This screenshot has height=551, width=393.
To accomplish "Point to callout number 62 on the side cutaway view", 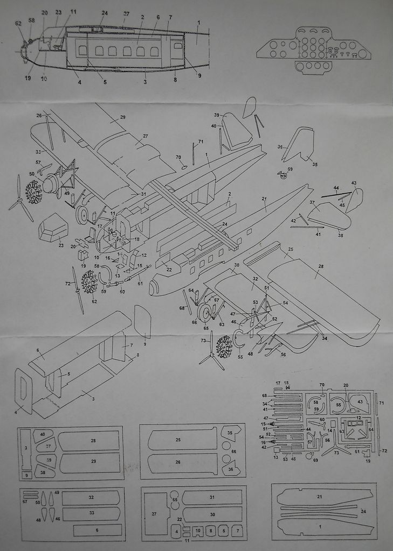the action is coord(18,23).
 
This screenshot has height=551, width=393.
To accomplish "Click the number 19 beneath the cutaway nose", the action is coord(27,78).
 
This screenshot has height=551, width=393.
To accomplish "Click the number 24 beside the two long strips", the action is coord(363,511).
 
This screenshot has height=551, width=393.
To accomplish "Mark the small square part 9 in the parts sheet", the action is coord(26,475).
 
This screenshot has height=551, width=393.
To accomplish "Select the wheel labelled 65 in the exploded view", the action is coord(205,313).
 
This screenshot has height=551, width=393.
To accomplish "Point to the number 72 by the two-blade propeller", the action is coord(68,283).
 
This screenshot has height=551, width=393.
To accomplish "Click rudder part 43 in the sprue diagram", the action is coord(360,402).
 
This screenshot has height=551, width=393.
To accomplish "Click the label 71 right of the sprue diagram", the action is coord(382,402).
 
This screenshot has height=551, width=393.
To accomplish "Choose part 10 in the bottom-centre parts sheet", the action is coord(198,531).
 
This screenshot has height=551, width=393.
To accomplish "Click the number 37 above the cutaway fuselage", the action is coord(126,13).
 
